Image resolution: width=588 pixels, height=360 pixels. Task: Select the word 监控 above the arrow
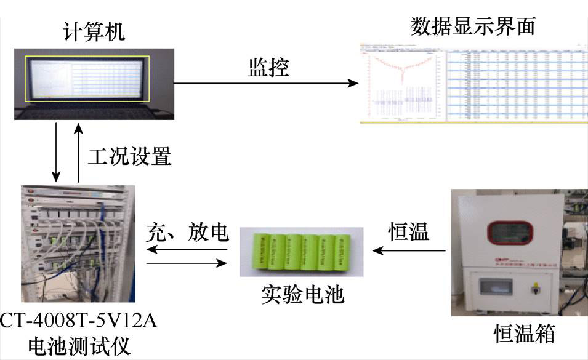point(268,66)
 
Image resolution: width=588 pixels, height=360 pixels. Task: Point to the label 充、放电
point(187,233)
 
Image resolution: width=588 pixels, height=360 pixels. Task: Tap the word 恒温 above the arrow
point(409,233)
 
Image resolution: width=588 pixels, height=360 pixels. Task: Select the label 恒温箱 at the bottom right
point(525,334)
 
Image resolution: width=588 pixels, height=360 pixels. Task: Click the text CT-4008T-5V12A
point(78,321)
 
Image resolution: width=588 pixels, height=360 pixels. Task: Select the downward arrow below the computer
point(56,151)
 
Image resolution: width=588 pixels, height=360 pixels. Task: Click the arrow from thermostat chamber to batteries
point(410,250)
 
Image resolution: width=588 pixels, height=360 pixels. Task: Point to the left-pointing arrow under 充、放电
point(187,250)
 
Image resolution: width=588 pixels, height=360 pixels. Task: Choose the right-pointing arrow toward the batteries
point(187,263)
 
